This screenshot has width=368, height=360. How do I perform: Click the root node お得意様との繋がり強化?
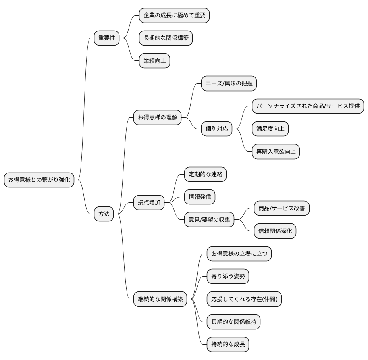(x=39, y=180)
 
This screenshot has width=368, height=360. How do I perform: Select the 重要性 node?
(x=107, y=38)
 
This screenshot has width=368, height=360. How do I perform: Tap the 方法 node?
(x=104, y=214)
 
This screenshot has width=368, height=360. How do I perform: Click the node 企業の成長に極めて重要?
(x=175, y=16)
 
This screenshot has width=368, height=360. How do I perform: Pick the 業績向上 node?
(x=154, y=61)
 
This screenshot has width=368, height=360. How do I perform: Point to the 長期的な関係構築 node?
(x=166, y=38)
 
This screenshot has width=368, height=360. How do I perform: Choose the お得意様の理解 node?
(x=157, y=118)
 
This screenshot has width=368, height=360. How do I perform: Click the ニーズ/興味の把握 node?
(x=229, y=84)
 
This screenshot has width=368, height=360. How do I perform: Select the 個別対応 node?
(x=217, y=129)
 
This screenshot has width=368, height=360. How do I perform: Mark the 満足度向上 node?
(x=270, y=129)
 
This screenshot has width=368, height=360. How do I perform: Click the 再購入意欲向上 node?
(x=276, y=152)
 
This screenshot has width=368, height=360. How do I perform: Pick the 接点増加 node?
(x=149, y=203)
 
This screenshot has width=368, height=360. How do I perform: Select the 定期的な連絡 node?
(x=205, y=174)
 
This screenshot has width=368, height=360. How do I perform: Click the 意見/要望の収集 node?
(x=209, y=220)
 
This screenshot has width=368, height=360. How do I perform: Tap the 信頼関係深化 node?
(x=275, y=231)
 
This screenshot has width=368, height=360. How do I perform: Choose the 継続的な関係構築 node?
(x=160, y=299)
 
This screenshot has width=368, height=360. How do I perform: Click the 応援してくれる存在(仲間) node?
(x=244, y=299)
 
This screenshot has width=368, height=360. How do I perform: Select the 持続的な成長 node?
(x=228, y=345)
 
